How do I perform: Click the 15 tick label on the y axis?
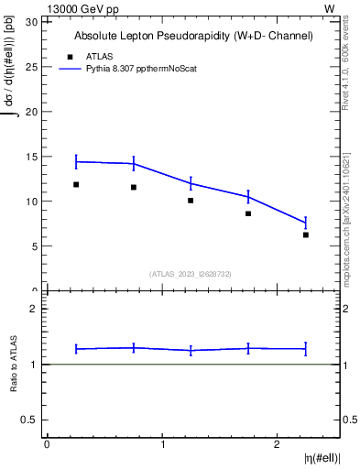(32, 157)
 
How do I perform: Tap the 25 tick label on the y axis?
(32, 67)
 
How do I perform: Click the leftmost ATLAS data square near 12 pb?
(76, 184)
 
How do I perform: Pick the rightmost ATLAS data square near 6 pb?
(306, 234)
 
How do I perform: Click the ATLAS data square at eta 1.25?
(191, 200)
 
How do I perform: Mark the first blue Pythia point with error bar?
(76, 161)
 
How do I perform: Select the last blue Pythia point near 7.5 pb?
(306, 223)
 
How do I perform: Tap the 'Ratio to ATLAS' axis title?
(13, 364)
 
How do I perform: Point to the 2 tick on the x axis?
(277, 443)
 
